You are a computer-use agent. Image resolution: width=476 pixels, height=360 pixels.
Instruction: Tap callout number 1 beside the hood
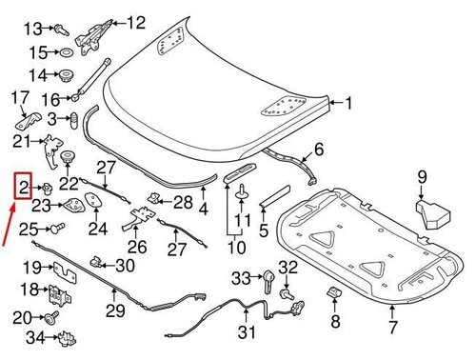pos(347,104)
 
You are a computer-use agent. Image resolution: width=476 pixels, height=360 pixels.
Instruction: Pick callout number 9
pos(422,175)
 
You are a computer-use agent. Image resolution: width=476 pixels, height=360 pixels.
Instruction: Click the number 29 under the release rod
pos(114,311)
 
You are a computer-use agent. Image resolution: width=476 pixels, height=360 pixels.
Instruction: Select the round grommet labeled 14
pos(67,74)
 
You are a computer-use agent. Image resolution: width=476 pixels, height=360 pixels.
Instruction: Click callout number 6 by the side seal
pos(318,149)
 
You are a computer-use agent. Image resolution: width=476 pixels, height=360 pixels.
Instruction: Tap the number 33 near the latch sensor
pos(240,277)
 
